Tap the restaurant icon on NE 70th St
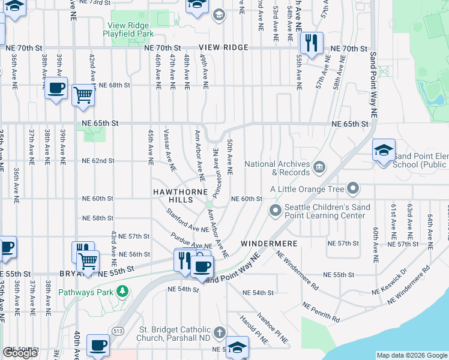click(x=312, y=43)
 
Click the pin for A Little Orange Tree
click(x=353, y=189)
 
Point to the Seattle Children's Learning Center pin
click(x=276, y=210)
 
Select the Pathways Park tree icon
click(x=122, y=292)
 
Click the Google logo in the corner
click(x=20, y=353)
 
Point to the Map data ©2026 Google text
click(x=412, y=355)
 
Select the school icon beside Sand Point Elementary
click(x=384, y=151)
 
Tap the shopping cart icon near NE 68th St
click(x=83, y=95)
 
